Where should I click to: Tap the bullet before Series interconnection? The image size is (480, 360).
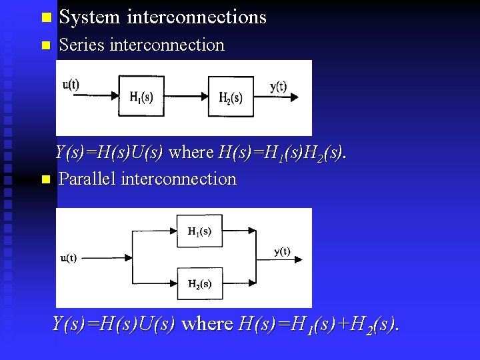tap(45, 46)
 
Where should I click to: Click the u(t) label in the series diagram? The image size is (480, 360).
tap(71, 85)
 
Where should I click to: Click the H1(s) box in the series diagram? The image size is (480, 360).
tap(141, 97)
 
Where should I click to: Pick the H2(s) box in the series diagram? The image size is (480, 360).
tap(231, 97)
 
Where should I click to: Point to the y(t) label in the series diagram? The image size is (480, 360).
tap(278, 86)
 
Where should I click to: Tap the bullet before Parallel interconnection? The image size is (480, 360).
tap(45, 179)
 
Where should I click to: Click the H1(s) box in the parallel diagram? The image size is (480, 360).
tap(199, 231)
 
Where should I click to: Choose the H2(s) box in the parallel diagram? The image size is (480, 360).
tap(199, 283)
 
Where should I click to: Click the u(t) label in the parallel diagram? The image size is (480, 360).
tap(69, 258)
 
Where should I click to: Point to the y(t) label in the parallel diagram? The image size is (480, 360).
tap(282, 251)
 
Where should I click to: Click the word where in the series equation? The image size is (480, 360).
tap(191, 153)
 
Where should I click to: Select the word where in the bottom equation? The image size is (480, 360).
tap(207, 324)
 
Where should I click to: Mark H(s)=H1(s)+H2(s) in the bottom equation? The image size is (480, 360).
tap(319, 325)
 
